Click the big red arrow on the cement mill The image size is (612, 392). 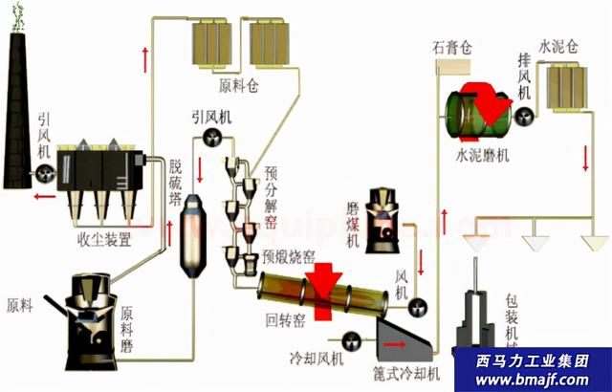493,106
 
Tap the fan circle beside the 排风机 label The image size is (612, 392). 524,116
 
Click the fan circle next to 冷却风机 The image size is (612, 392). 351,340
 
